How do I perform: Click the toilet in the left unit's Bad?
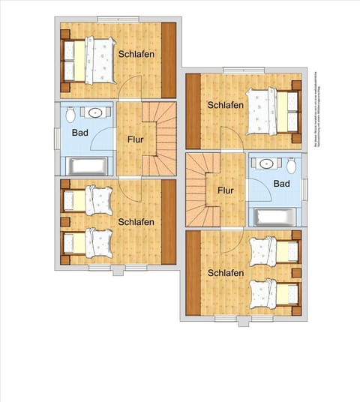pos(70,115)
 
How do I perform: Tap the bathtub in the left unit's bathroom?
pos(88,165)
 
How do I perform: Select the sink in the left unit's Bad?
pos(95,113)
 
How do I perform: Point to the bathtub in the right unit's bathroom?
pos(276,217)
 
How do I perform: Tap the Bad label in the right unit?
pos(281,184)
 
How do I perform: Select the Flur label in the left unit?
pos(136,139)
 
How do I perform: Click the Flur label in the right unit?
pos(226,190)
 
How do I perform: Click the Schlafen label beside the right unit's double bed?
pos(226,105)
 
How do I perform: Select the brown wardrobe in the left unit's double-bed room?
pos(169,61)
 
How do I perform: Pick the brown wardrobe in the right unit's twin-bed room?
pos(192,274)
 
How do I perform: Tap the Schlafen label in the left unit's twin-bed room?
pos(136,221)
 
